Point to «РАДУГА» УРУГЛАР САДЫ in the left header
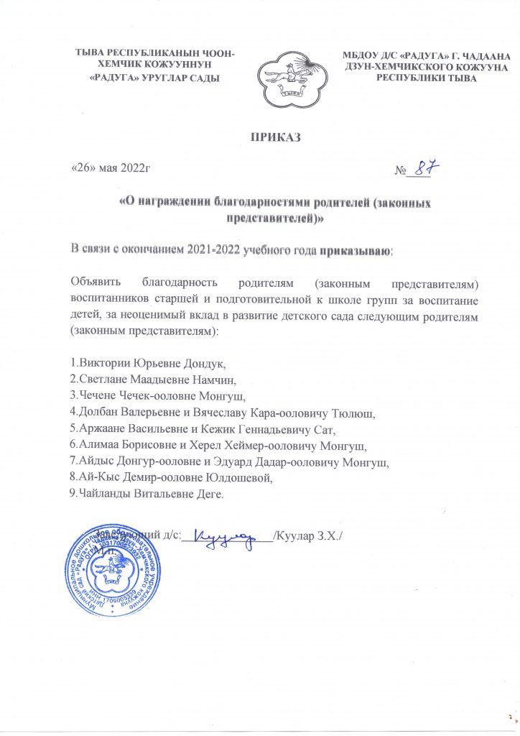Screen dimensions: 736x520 (x=149, y=77)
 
